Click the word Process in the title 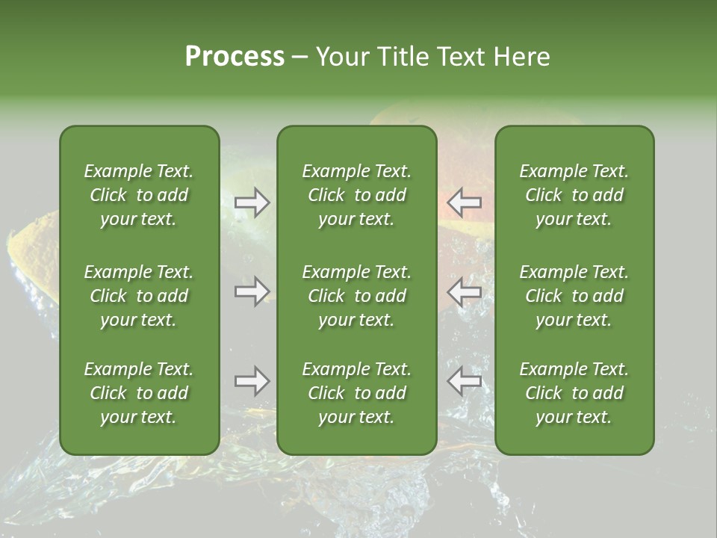235,57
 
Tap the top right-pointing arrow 252,202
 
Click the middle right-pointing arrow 252,291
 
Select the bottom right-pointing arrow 252,381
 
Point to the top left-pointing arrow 464,202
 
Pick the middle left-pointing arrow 464,291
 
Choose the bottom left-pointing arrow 464,381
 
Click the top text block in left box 139,195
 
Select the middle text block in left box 139,296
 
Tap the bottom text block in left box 139,393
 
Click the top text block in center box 357,195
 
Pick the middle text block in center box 357,296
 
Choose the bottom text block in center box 357,393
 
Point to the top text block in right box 574,195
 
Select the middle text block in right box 574,296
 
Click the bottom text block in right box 574,393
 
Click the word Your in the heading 342,57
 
